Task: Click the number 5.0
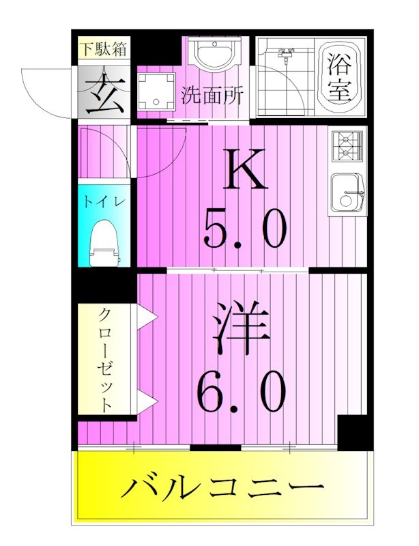pos(244,227)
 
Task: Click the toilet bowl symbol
pos(104,242)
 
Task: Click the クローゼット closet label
pos(106,359)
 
